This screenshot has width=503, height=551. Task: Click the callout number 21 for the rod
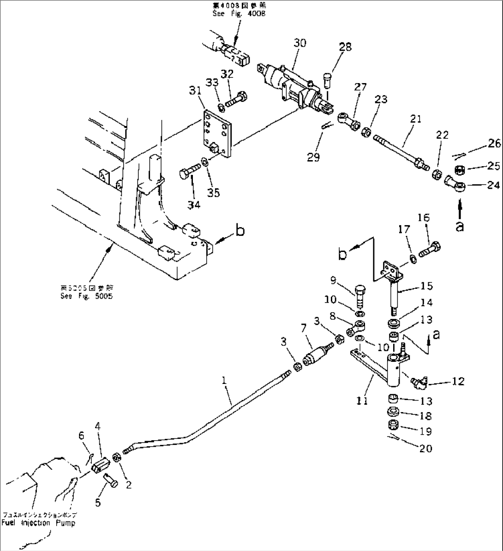[415, 119]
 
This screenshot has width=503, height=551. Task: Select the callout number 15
[427, 286]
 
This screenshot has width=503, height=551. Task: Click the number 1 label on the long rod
[224, 381]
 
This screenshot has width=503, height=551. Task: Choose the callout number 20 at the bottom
[426, 448]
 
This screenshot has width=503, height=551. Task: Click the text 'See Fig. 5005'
[86, 296]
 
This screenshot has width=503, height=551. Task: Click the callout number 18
[426, 415]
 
